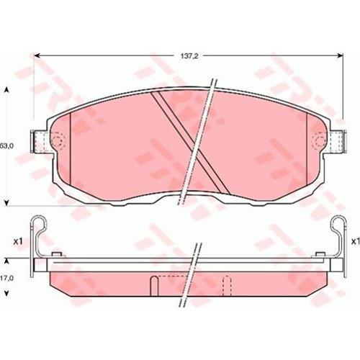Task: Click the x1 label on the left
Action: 17,241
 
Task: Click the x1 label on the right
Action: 355,241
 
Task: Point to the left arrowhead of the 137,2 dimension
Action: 37,55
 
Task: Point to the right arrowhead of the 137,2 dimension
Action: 341,55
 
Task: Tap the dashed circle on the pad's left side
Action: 58,140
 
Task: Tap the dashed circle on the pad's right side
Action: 319,140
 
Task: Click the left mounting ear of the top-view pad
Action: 40,141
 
